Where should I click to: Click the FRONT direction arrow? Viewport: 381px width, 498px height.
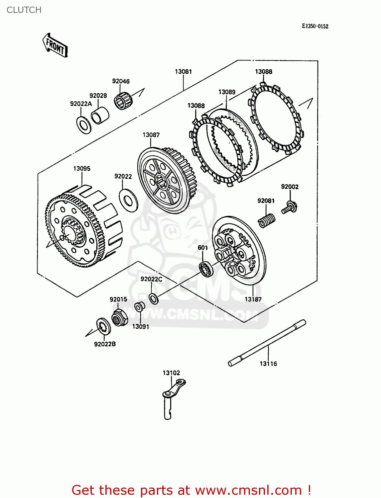tap(55, 45)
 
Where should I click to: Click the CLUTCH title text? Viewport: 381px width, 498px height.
tap(24, 10)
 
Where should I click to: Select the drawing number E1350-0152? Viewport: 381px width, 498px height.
tap(315, 26)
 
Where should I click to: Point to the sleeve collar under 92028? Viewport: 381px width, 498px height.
tap(100, 115)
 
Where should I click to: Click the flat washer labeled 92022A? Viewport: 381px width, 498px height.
tap(84, 125)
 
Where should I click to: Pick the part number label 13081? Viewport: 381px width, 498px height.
tap(183, 71)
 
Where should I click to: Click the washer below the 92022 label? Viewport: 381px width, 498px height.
tap(128, 200)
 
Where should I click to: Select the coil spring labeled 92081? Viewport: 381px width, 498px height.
tap(267, 220)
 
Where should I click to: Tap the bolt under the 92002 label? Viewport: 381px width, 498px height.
tap(290, 207)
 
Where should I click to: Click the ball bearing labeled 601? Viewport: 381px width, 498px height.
tap(206, 268)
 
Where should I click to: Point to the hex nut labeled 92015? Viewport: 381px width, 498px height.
tap(119, 318)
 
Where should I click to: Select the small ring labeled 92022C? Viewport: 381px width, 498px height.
tap(154, 298)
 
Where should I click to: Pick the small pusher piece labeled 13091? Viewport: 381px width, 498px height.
tap(139, 307)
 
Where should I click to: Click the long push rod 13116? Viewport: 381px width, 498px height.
tap(267, 343)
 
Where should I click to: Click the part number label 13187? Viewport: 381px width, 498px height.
tap(253, 299)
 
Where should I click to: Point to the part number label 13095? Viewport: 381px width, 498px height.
tap(82, 168)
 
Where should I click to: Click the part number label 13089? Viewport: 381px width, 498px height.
tap(227, 92)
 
